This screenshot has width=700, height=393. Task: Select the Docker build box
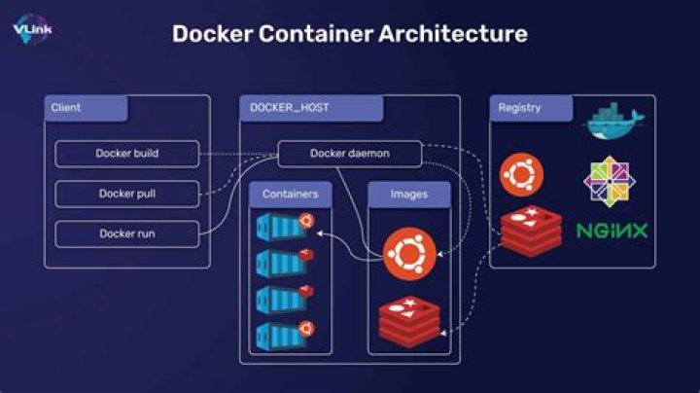(127, 154)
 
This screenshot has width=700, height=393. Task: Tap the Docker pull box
(127, 194)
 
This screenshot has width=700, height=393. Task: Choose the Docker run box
(127, 233)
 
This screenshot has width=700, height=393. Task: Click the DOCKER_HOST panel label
(289, 108)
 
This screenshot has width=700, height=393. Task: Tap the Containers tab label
(291, 195)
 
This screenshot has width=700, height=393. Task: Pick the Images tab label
(409, 195)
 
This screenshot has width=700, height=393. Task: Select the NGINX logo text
(612, 232)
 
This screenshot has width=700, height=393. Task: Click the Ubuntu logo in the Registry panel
(521, 176)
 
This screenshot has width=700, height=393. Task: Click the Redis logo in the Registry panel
(531, 232)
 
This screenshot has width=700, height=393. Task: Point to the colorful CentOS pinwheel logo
(612, 181)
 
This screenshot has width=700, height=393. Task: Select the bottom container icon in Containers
(284, 335)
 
